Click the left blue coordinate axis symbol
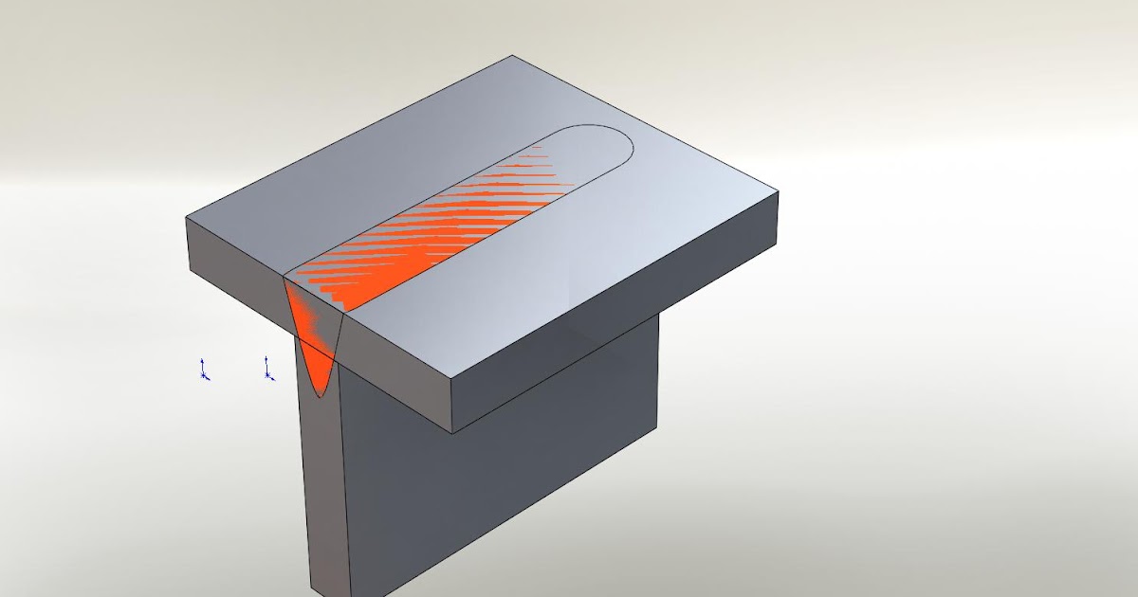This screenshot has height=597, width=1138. click(204, 371)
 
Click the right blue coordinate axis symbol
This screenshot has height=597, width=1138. click(268, 370)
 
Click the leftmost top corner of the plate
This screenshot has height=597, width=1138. click(187, 218)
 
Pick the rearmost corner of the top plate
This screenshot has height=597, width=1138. click(512, 56)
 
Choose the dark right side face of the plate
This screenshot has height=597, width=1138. click(616, 313)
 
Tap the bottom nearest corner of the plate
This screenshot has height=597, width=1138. click(451, 433)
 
